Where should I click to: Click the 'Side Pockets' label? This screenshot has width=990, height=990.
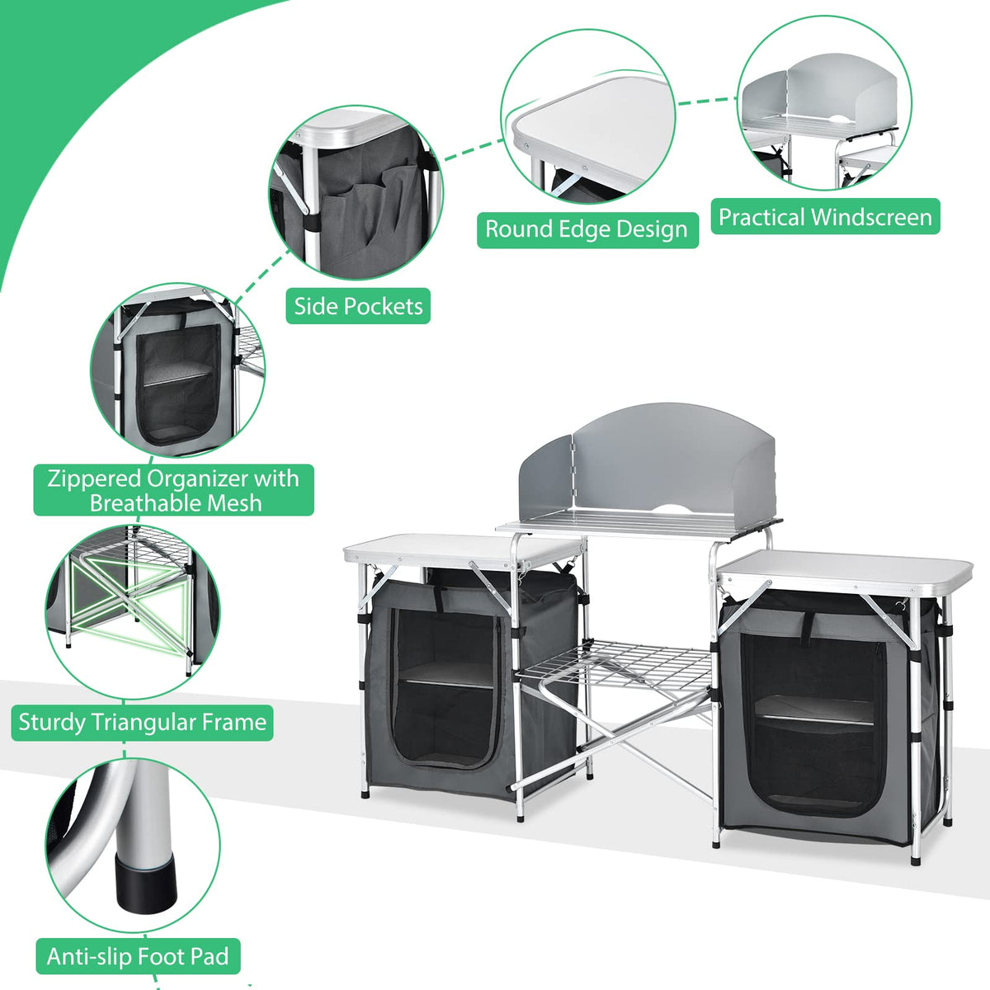(358, 306)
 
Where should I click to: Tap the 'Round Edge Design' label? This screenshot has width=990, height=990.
(587, 229)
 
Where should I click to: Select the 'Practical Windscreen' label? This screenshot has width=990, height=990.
(825, 217)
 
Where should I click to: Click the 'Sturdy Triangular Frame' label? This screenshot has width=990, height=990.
(142, 722)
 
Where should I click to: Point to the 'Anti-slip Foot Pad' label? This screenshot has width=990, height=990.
(138, 956)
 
